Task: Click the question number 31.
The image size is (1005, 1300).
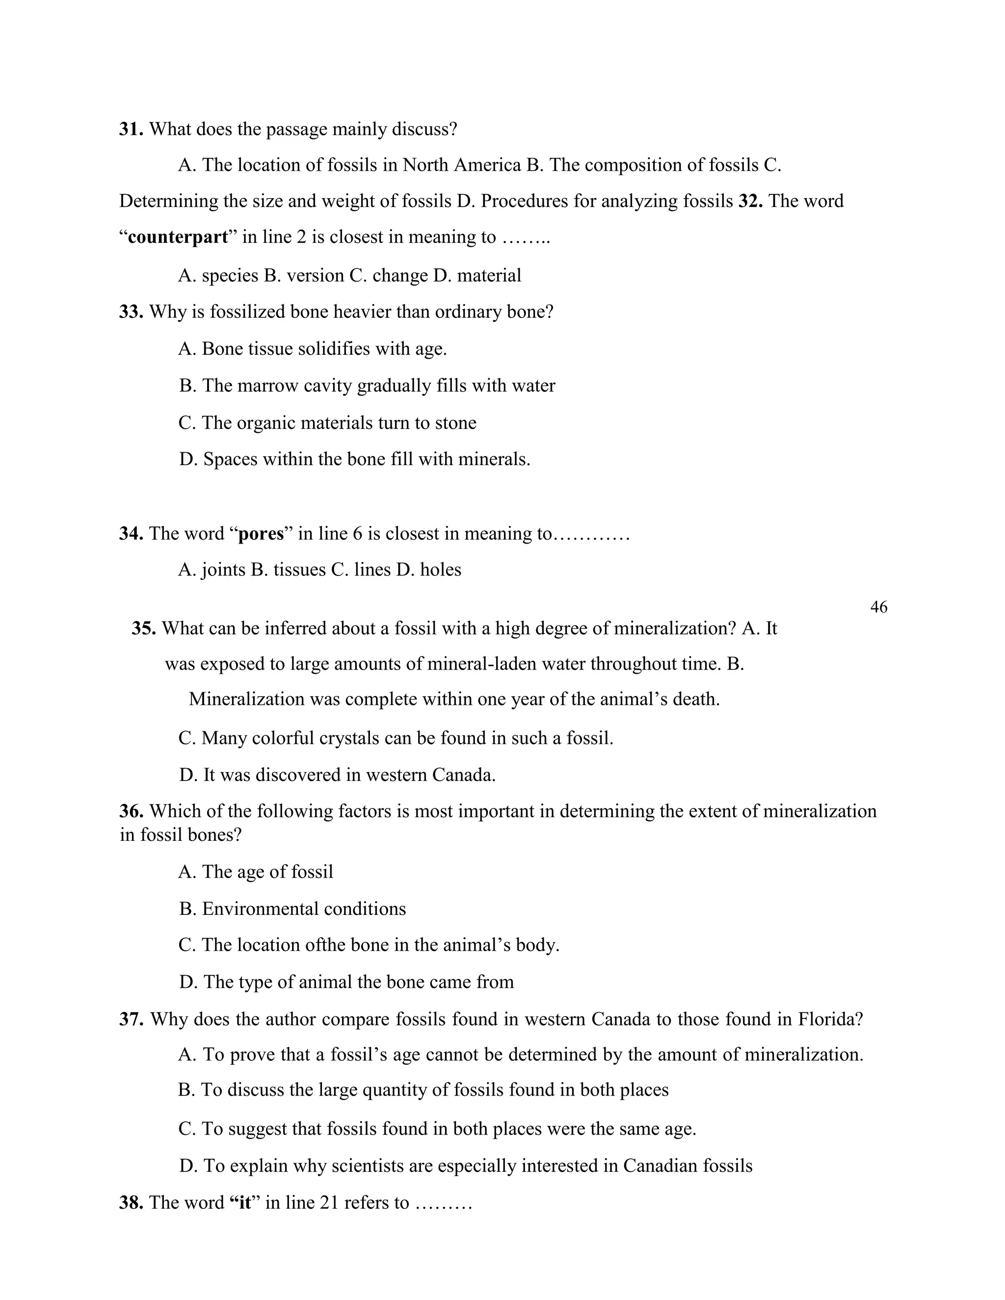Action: [x=131, y=129]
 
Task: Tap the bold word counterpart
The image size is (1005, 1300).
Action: [x=178, y=237]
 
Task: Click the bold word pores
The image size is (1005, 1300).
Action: [x=261, y=533]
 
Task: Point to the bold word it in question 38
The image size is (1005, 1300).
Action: [x=244, y=1202]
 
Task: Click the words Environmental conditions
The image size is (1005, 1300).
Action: [x=304, y=909]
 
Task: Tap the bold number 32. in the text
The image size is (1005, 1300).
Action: [x=751, y=201]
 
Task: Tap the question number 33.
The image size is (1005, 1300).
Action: [x=131, y=312]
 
